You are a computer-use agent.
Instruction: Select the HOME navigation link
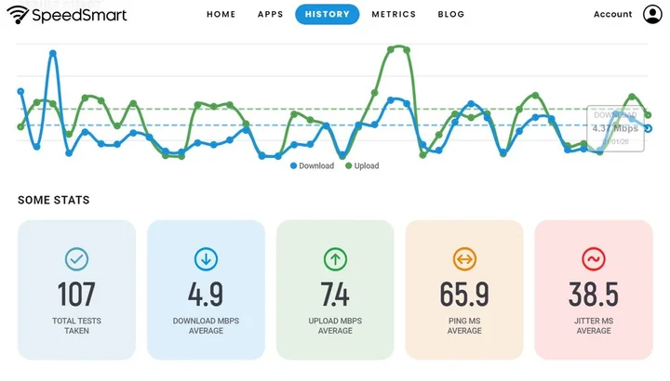coord(221,15)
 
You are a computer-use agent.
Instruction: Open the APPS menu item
coord(270,15)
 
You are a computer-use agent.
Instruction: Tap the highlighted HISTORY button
coord(327,15)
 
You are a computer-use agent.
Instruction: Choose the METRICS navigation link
coord(394,15)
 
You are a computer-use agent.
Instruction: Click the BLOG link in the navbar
coord(450,15)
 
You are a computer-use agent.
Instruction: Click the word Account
coord(612,15)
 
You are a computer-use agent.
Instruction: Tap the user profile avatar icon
coord(651,14)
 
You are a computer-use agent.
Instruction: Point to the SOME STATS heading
coord(54,200)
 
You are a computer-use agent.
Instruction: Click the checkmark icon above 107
coord(76,258)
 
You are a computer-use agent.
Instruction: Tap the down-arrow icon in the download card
coord(206,258)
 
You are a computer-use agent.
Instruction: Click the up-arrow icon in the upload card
coord(335,258)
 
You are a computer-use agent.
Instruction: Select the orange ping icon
coord(464,258)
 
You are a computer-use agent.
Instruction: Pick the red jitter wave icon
coord(593,258)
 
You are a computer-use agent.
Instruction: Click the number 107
coord(76,295)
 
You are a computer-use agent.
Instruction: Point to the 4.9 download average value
coord(206,295)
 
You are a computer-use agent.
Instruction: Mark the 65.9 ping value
coord(464,295)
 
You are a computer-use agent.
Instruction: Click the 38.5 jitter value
coord(593,295)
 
